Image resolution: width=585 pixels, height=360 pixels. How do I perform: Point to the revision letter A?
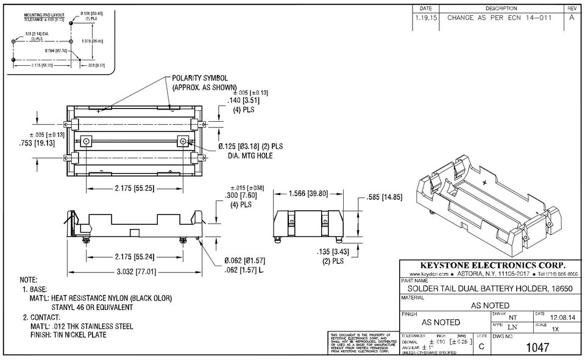click(x=572, y=18)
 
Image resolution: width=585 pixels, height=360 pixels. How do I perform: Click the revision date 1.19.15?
click(x=425, y=18)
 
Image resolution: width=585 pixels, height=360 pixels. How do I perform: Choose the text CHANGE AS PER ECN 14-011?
click(x=499, y=18)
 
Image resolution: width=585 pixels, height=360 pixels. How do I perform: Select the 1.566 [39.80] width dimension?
click(x=308, y=194)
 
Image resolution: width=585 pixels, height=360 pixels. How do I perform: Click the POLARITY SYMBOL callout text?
click(x=200, y=79)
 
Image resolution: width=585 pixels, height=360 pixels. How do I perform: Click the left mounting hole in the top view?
click(x=87, y=141)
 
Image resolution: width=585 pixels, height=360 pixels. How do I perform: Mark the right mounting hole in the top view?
click(x=182, y=141)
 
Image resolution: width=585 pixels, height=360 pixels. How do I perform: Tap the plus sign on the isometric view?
click(x=485, y=182)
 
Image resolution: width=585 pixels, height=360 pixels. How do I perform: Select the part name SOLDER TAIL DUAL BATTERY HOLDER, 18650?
click(x=490, y=288)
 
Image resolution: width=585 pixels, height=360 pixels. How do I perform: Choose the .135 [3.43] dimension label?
click(x=333, y=252)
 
